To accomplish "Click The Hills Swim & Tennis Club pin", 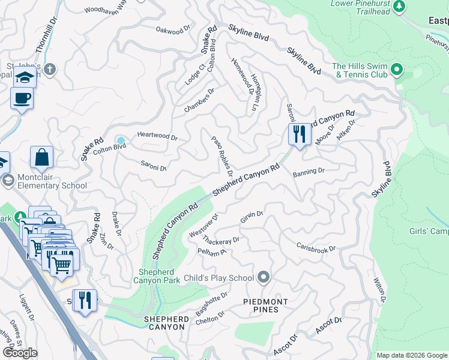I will tap(396, 70).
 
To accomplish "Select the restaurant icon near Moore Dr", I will tap(300, 134).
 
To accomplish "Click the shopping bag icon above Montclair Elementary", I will tap(42, 158).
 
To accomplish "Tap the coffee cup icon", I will tap(22, 98).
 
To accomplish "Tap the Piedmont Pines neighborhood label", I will tap(265, 305).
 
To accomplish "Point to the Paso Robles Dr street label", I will tap(222, 152).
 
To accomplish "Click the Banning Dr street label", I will tap(309, 172).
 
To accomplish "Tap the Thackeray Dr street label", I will tap(221, 241).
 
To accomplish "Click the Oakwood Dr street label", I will tap(173, 29).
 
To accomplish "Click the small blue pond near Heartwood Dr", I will tap(121, 141).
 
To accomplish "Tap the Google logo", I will tap(20, 353).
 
